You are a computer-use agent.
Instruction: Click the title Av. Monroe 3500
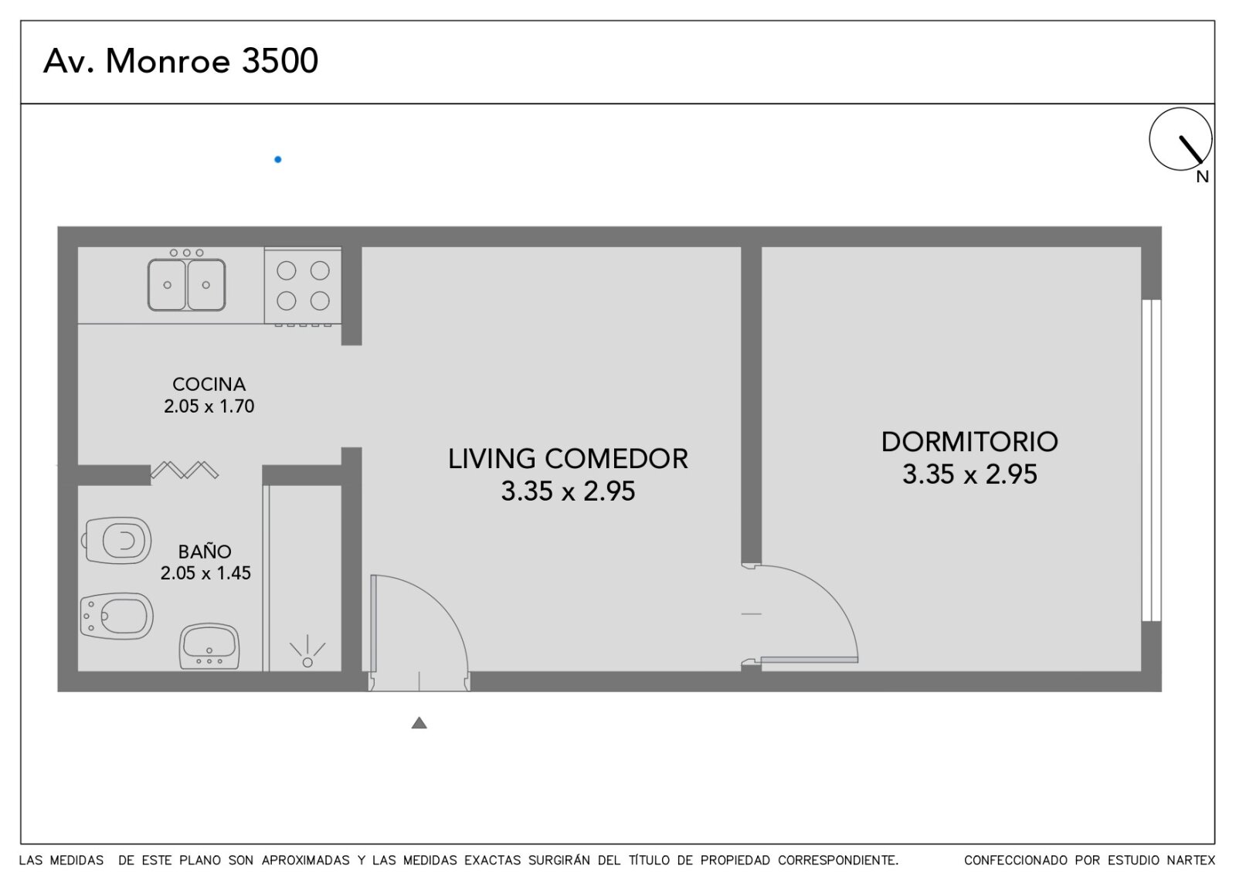181,61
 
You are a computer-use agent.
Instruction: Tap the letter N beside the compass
1202,177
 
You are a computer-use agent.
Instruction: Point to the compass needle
1190,150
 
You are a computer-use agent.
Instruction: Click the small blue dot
278,159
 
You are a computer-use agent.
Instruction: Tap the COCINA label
209,384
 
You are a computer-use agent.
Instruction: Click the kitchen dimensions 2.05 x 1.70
209,406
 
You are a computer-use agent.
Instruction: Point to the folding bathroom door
185,470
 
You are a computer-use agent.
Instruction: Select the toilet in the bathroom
117,540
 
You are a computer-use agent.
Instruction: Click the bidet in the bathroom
117,616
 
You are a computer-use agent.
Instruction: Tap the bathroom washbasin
209,646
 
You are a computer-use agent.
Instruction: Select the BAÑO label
205,552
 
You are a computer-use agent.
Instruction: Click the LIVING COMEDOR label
568,459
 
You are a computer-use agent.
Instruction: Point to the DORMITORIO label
969,442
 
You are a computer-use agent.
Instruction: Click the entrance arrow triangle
419,722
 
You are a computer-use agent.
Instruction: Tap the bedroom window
1152,460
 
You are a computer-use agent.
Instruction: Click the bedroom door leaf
810,660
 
